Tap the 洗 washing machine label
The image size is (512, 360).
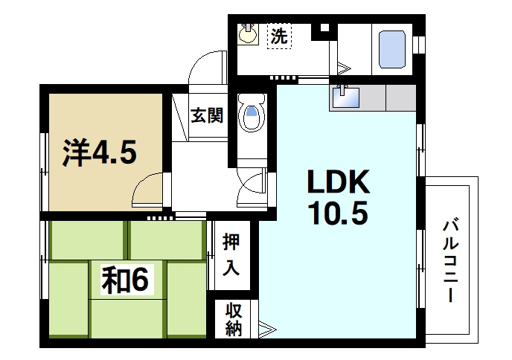coord(278,35)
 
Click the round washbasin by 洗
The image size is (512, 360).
coord(248,34)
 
